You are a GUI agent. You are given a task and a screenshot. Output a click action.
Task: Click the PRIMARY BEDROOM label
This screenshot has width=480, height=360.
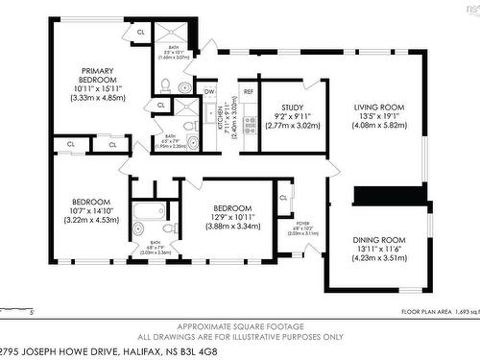(x=98, y=75)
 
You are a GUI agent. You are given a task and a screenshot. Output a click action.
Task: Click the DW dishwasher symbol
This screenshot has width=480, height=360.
(x=209, y=92)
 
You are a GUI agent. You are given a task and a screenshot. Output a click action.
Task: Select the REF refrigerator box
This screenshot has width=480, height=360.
(x=248, y=92)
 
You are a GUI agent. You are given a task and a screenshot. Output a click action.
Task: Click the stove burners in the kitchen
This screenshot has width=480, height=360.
(x=248, y=124)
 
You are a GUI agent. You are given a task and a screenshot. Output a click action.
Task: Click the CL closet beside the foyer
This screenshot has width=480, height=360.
(x=283, y=198)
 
